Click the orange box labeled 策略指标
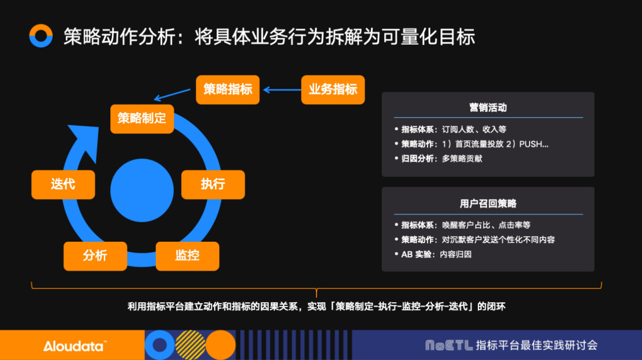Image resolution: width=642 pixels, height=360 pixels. tap(228, 90)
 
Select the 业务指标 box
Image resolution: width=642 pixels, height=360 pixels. tap(333, 90)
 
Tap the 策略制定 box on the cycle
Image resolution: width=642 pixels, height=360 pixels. tap(142, 119)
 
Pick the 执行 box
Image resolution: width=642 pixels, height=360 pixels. tap(213, 185)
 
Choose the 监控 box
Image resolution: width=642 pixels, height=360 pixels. tap(188, 256)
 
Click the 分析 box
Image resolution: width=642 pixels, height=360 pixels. tap(95, 256)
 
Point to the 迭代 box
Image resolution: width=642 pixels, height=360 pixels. tap(63, 185)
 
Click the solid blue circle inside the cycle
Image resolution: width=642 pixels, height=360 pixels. tap(142, 191)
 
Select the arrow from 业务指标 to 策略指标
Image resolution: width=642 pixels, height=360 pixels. tap(281, 90)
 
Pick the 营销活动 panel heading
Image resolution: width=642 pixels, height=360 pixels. tap(488, 108)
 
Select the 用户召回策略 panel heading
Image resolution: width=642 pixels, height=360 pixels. tap(488, 204)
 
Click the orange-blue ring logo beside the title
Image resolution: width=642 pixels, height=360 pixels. tap(41, 36)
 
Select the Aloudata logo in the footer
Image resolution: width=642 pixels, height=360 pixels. tap(74, 346)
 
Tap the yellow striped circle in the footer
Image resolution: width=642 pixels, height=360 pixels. tap(190, 345)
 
